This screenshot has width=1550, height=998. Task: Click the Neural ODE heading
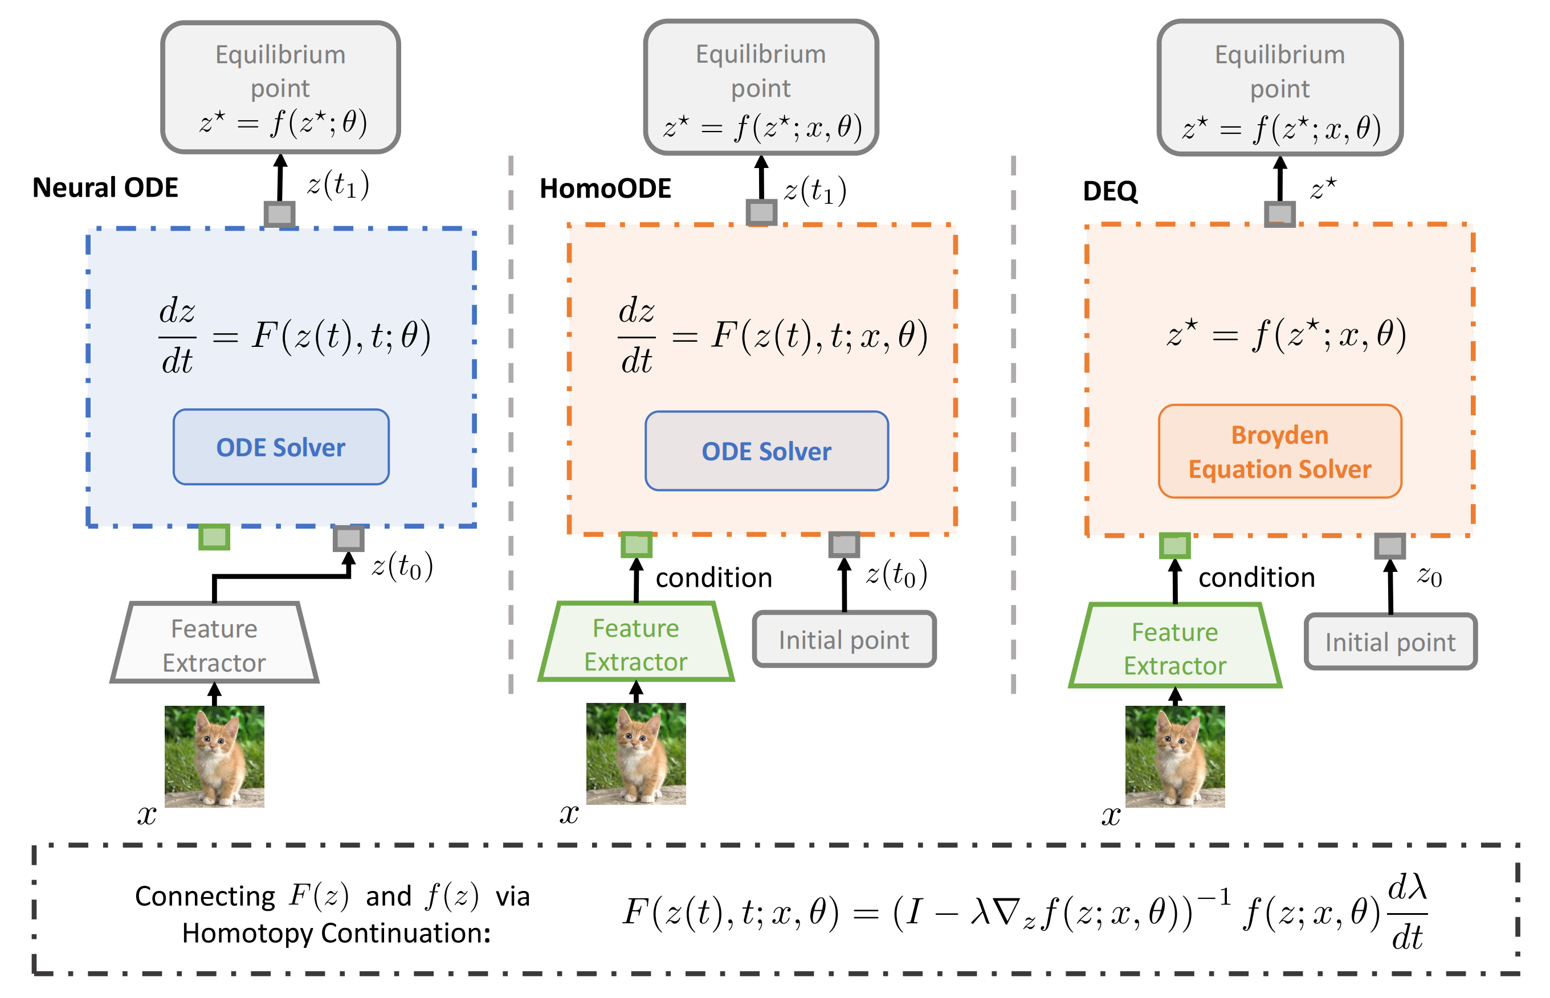point(105,188)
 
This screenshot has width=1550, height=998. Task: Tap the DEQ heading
point(1110,191)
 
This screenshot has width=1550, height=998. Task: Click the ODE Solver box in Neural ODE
point(281,447)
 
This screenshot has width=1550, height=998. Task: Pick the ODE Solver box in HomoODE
point(766,451)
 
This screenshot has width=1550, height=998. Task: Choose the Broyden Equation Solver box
point(1280,452)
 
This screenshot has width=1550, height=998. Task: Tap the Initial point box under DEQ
point(1390,642)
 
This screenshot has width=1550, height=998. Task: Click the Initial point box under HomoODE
point(844,640)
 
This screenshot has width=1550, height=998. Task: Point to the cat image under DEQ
point(1174,756)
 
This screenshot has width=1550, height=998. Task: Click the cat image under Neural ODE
point(214,756)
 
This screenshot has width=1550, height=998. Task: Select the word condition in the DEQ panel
point(1257,578)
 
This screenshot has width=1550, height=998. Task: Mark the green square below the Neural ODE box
point(214,537)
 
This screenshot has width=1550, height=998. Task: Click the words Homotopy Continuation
point(336,933)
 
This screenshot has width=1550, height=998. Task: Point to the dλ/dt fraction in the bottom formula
point(1407,913)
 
